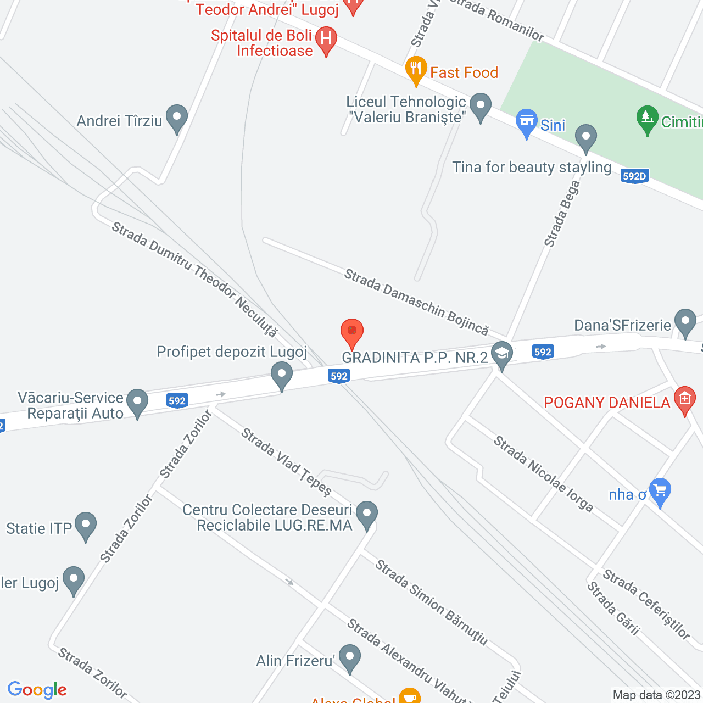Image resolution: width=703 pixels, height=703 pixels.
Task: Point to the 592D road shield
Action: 634,176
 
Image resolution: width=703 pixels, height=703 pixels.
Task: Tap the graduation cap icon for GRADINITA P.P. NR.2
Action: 501,354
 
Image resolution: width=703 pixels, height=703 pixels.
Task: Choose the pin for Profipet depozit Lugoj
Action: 282,375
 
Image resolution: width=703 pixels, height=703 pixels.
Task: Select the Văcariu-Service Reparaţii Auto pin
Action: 137,402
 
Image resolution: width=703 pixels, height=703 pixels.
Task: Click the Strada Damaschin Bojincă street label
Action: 416,302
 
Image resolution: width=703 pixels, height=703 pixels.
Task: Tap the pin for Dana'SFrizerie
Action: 685,322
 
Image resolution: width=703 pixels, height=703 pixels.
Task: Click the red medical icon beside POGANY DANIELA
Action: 684,399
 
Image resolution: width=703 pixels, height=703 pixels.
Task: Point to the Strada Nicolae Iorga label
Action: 543,473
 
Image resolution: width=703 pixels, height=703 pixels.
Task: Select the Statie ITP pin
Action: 85,525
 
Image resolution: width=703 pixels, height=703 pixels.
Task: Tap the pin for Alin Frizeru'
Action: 349,658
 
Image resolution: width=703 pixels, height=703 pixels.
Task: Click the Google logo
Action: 37,690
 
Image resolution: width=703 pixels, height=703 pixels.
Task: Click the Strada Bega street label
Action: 562,214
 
